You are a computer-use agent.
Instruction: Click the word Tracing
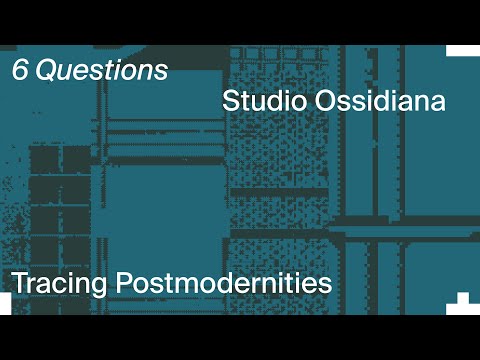[x=60, y=283]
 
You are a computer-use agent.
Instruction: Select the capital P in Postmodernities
[x=124, y=282]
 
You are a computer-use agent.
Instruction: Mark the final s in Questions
[x=161, y=73]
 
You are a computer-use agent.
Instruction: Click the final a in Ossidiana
[x=437, y=104]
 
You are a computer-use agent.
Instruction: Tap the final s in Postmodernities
[x=325, y=284]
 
